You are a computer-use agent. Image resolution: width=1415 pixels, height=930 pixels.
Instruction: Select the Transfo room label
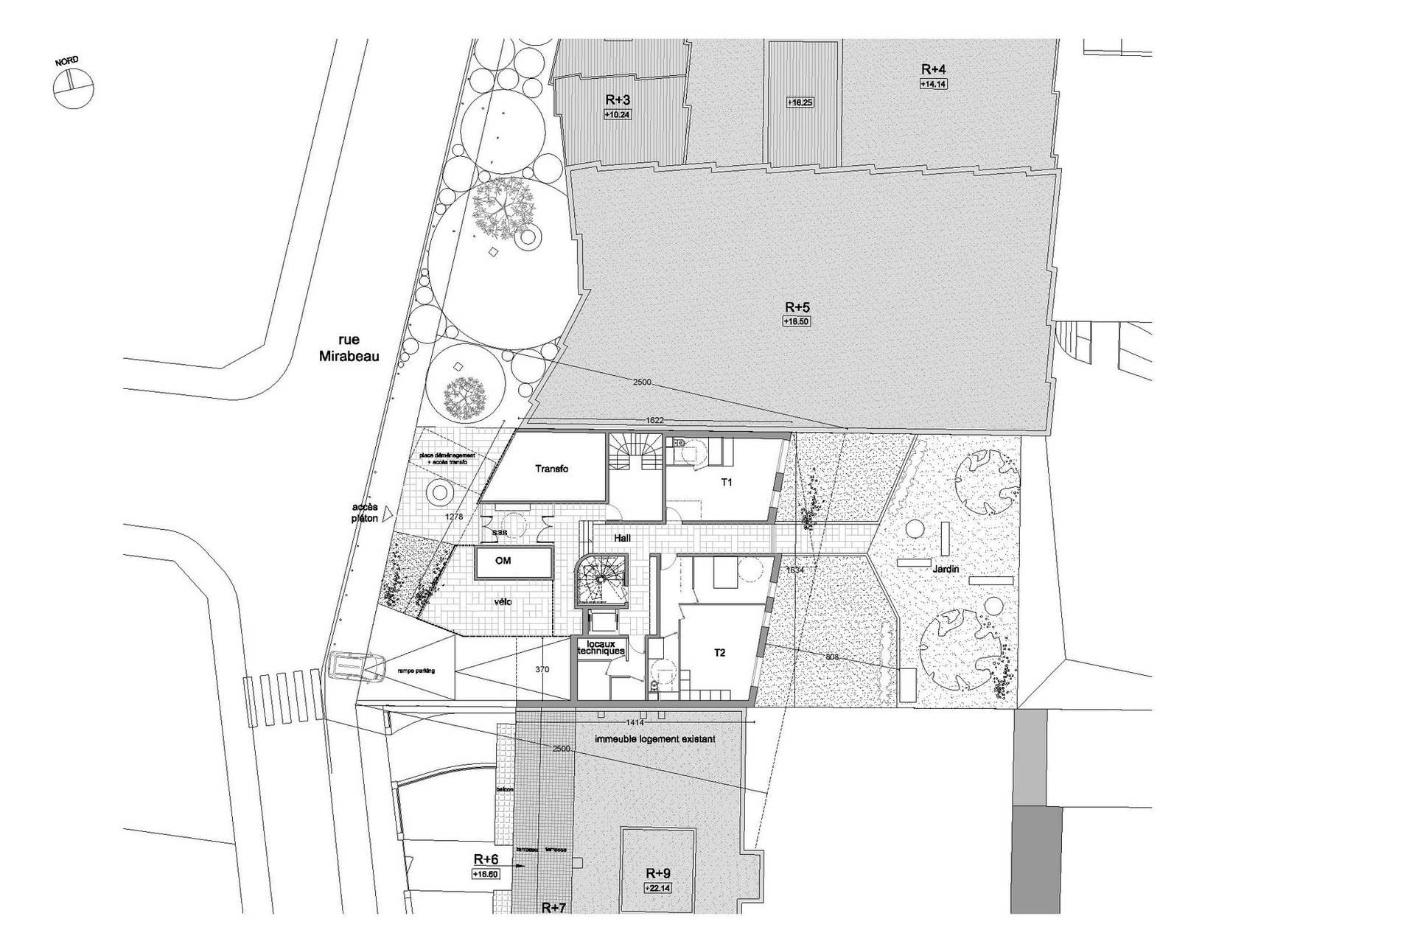pyautogui.click(x=551, y=469)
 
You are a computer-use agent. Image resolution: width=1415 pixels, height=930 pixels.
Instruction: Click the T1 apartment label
pyautogui.click(x=727, y=483)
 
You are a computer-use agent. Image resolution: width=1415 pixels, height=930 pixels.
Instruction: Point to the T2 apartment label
pyautogui.click(x=720, y=652)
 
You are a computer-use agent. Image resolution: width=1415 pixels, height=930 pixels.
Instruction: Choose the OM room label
pyautogui.click(x=503, y=561)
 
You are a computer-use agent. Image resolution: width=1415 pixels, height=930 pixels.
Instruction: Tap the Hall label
pyautogui.click(x=623, y=539)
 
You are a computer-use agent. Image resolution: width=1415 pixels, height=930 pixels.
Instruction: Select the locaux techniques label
pyautogui.click(x=601, y=648)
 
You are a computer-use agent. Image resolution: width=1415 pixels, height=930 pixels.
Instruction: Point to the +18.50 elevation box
pyautogui.click(x=797, y=321)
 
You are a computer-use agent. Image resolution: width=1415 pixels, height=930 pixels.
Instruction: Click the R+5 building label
pyautogui.click(x=797, y=307)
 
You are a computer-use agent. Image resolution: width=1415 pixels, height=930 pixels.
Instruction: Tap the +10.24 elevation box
pyautogui.click(x=618, y=115)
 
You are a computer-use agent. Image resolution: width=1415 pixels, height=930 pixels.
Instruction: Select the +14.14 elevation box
pyautogui.click(x=933, y=84)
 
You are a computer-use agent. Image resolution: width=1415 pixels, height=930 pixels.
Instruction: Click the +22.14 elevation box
pyautogui.click(x=658, y=888)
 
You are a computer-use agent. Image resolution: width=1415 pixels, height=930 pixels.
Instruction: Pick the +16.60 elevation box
pyautogui.click(x=486, y=874)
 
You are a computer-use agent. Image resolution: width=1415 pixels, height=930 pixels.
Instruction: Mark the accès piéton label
pyautogui.click(x=365, y=513)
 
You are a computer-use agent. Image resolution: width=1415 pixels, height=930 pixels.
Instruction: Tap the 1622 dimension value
pyautogui.click(x=654, y=420)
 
